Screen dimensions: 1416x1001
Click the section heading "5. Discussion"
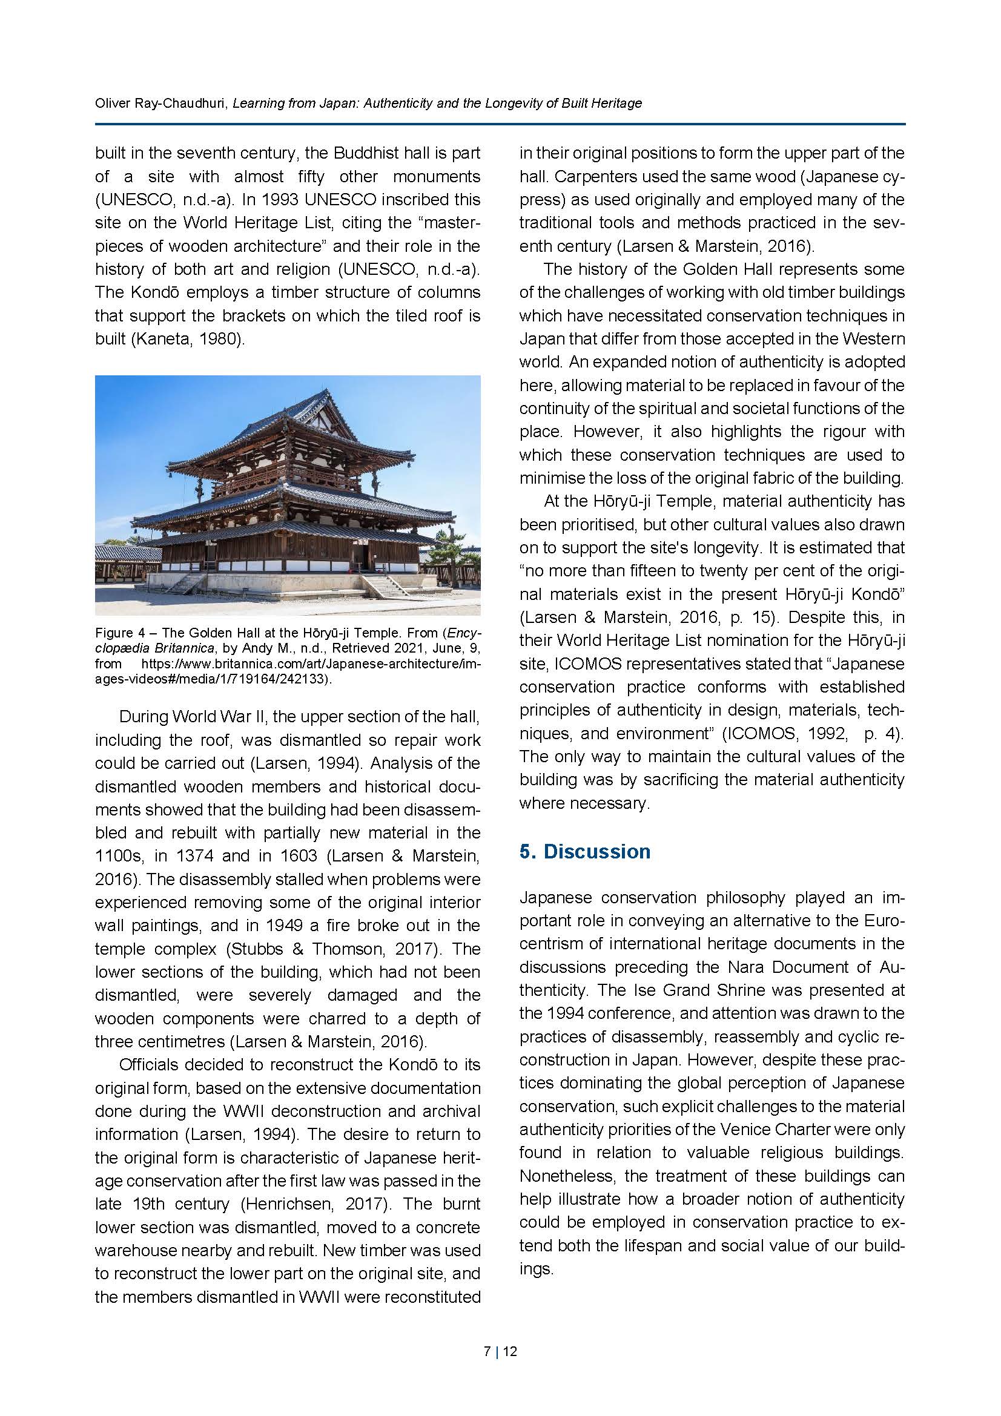[x=585, y=851]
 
